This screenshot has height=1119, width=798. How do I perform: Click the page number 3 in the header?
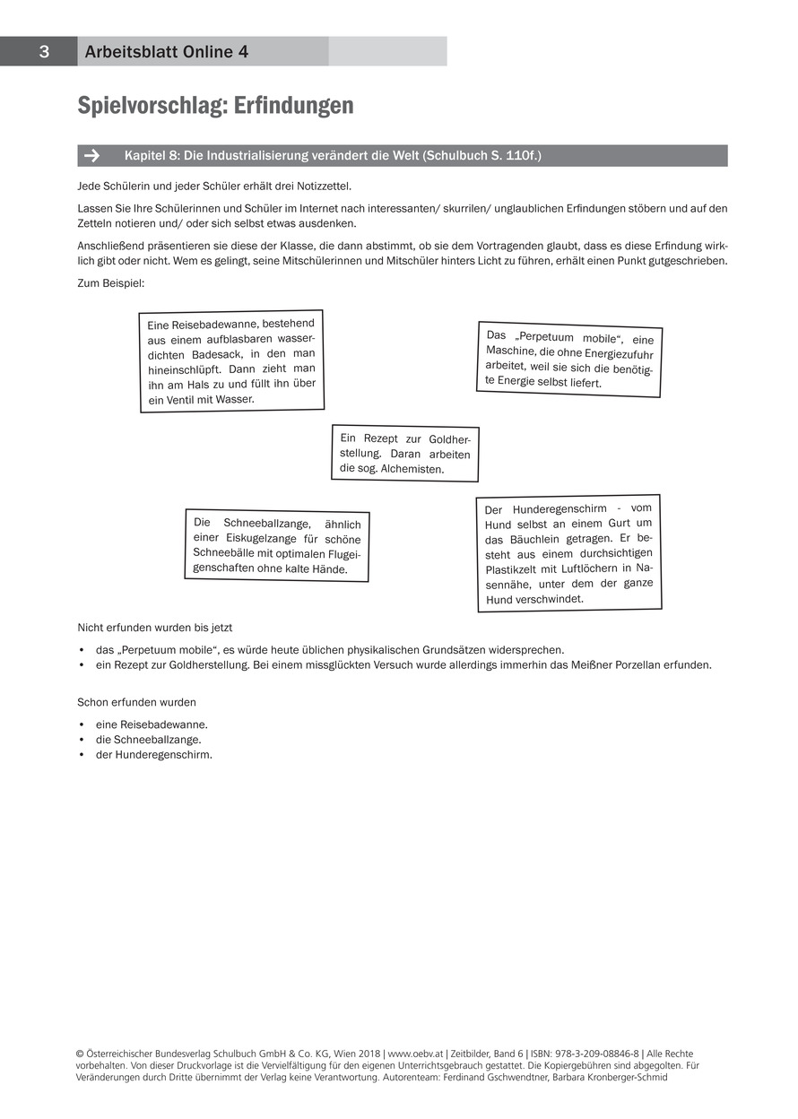[43, 52]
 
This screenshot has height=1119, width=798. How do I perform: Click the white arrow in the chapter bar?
[91, 156]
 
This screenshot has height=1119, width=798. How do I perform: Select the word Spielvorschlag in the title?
[152, 106]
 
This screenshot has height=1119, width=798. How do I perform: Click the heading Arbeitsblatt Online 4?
[166, 52]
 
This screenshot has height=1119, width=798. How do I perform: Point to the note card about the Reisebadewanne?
[232, 361]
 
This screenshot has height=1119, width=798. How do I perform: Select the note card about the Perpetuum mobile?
[569, 359]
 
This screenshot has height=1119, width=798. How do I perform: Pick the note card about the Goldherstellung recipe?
[405, 453]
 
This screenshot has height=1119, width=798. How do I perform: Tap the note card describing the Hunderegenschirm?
[569, 553]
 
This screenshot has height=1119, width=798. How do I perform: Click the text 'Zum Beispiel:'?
[110, 283]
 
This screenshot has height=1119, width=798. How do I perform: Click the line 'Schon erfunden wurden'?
[136, 702]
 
